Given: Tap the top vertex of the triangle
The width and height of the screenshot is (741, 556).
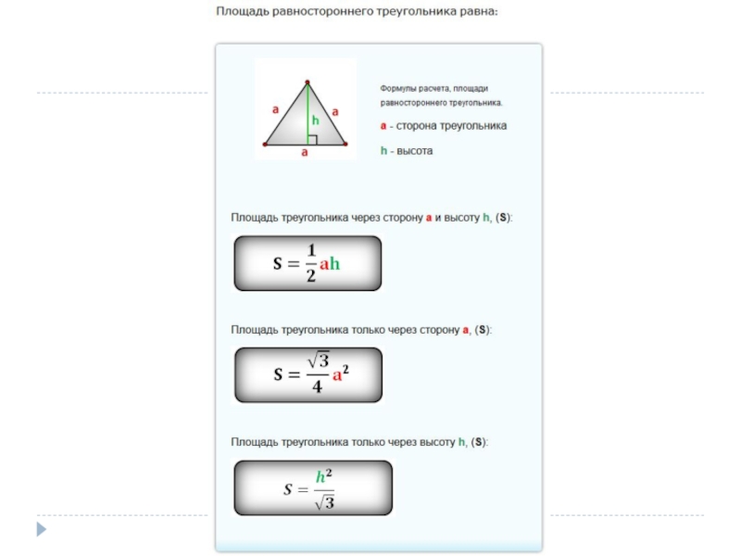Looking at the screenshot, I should tap(306, 82).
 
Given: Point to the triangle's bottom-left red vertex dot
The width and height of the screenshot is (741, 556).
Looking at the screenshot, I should tap(266, 145).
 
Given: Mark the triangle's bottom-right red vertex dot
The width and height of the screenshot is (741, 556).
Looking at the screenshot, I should tap(345, 145).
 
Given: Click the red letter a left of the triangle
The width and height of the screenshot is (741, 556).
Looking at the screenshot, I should tap(275, 109).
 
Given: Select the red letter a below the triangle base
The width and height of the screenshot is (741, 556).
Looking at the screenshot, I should tap(304, 154).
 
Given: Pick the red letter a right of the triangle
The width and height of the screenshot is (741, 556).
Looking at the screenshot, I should tap(335, 111).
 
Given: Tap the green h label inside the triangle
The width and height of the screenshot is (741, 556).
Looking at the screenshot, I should tap(315, 120).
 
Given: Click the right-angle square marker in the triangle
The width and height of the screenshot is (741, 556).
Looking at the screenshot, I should tap(312, 140).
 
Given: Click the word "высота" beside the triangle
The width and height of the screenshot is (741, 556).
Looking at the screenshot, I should tap(415, 150).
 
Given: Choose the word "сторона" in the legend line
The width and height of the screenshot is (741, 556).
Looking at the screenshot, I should tap(417, 125).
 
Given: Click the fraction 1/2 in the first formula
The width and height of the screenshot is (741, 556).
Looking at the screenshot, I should tap(311, 263).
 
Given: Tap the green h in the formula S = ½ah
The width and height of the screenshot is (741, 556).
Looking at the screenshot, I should tap(335, 264).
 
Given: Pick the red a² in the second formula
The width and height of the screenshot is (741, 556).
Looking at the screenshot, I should tap(340, 375).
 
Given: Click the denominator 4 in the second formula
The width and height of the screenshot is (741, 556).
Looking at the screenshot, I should tap(317, 387).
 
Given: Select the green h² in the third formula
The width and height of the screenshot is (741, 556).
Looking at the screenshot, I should tap(323, 476).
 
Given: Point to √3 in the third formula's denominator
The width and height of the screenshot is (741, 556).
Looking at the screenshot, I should tap(323, 502).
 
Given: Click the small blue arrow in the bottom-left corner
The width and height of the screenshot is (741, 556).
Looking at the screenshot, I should tap(41, 530).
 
